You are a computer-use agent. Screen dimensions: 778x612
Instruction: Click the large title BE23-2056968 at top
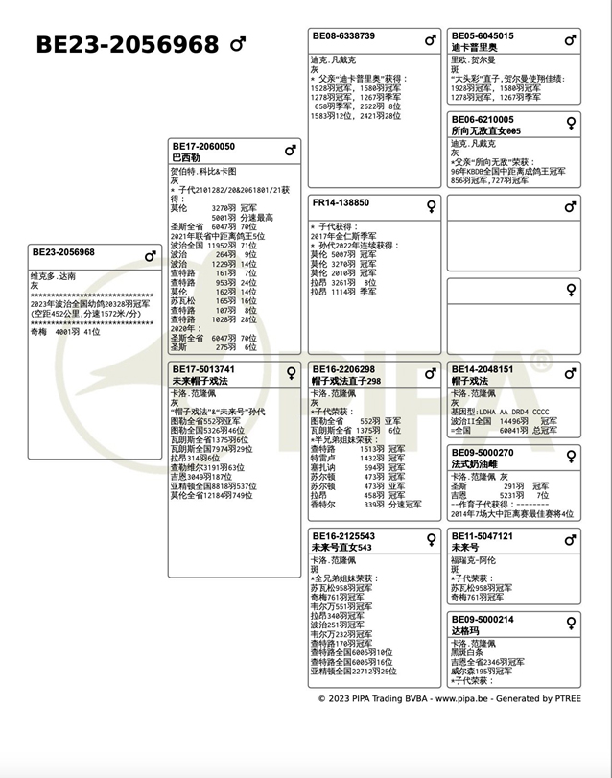[x=128, y=45]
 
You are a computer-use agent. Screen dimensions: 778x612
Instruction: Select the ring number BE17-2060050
[x=202, y=147]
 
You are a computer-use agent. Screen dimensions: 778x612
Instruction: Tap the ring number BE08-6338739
[x=343, y=36]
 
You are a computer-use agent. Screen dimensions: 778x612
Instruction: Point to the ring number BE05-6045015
[x=483, y=36]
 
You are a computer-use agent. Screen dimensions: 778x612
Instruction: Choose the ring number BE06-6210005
[x=483, y=120]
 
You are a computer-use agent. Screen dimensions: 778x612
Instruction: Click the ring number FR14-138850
[x=341, y=203]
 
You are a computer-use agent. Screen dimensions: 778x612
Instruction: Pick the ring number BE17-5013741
[x=202, y=369]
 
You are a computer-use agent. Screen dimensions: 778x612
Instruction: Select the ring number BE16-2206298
[x=343, y=369]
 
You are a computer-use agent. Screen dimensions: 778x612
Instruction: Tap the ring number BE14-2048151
[x=483, y=369]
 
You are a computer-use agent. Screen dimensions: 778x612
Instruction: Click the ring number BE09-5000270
[x=483, y=453]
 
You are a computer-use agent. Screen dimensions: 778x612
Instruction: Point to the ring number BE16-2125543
[x=343, y=536]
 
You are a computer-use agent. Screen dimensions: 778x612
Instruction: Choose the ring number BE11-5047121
[x=483, y=536]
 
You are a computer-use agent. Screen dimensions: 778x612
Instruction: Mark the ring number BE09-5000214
[x=483, y=620]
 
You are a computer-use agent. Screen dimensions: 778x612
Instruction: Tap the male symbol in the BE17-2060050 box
[x=291, y=151]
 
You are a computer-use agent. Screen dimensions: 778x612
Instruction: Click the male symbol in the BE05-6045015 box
[x=571, y=40]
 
